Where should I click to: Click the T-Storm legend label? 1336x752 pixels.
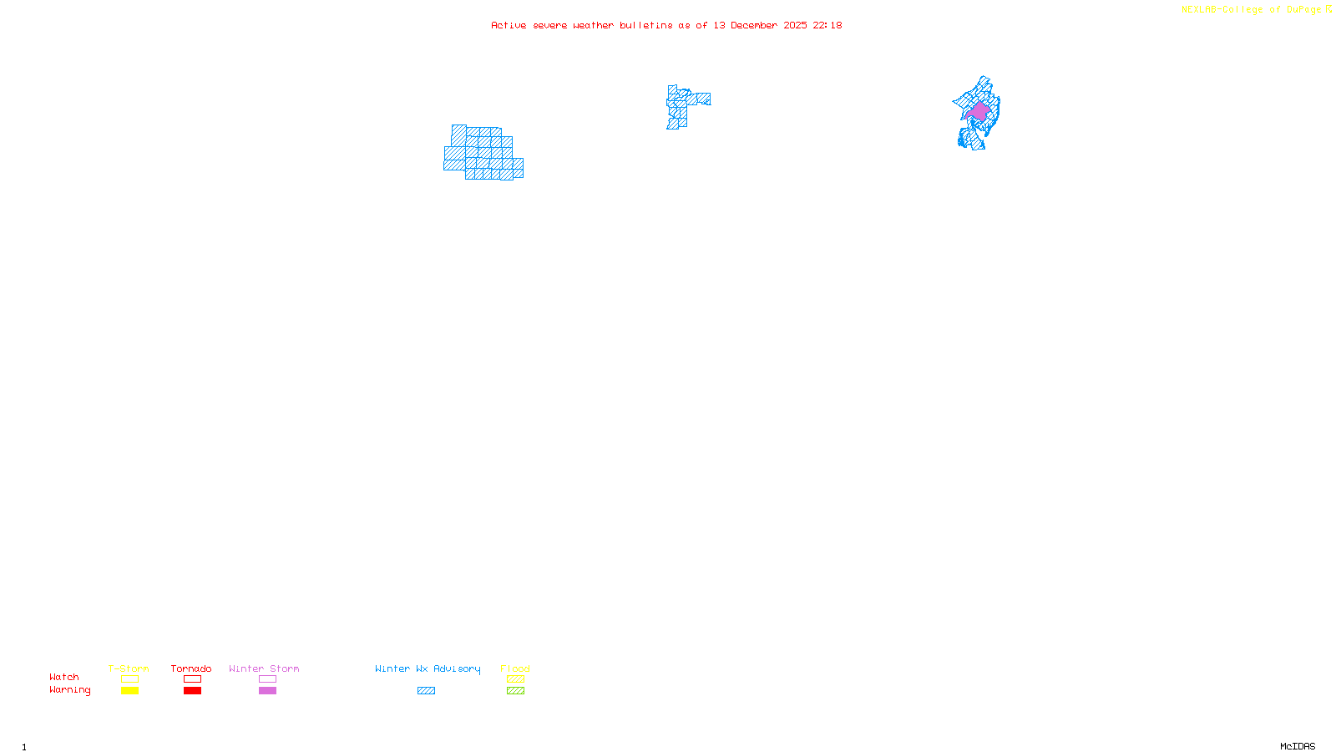[x=129, y=668]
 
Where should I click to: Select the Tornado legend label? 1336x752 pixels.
[x=191, y=668]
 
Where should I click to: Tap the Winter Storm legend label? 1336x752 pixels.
[x=264, y=668]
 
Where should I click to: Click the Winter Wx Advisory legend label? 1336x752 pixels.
[x=428, y=668]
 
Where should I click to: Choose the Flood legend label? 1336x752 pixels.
[x=515, y=668]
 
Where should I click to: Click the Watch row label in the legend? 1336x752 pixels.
[x=64, y=677]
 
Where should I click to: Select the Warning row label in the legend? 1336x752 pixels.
[x=70, y=690]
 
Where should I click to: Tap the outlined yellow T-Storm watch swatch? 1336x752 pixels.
[x=129, y=679]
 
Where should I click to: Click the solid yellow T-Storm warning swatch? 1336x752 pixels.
[x=129, y=691]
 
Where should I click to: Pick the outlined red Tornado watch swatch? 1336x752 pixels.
[x=193, y=679]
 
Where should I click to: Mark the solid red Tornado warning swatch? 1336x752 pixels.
[x=193, y=691]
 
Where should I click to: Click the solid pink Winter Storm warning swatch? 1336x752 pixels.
[x=267, y=691]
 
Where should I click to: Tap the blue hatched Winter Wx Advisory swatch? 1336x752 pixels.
[x=426, y=691]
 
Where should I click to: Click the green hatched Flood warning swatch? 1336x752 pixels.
[x=516, y=691]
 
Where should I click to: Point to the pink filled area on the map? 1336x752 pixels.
[x=979, y=111]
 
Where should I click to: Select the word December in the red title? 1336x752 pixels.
[x=753, y=25]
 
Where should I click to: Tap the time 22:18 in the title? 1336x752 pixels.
[x=827, y=25]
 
